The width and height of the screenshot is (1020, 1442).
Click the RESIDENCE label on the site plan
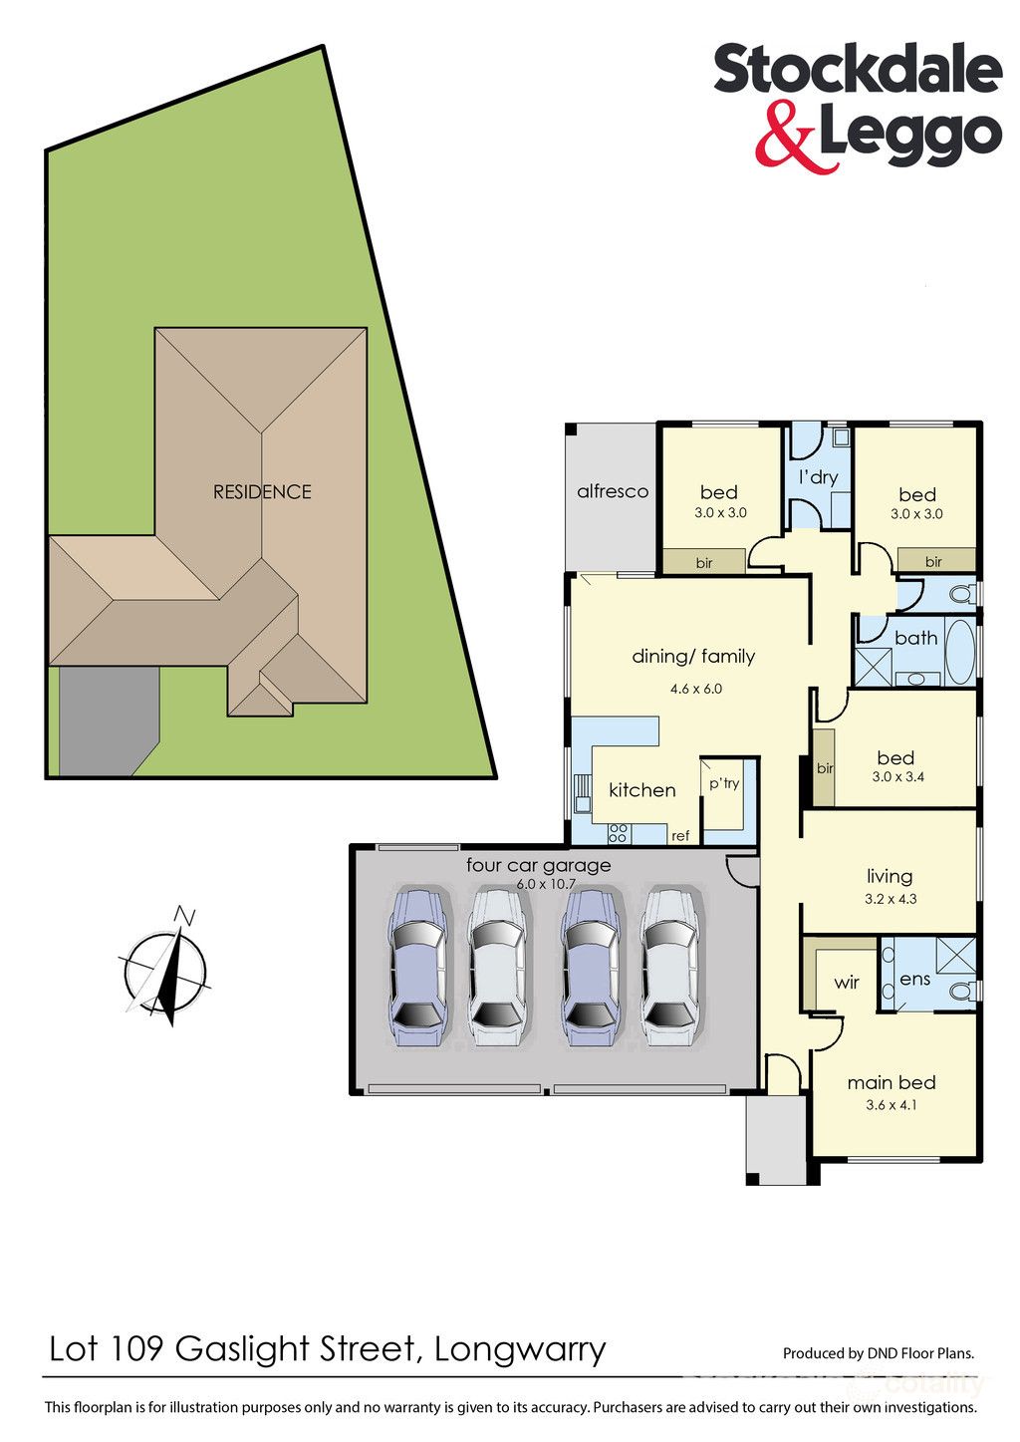click(262, 492)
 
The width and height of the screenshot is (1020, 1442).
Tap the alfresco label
click(613, 492)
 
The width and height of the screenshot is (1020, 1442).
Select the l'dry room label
click(818, 477)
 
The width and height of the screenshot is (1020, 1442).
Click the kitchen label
click(642, 790)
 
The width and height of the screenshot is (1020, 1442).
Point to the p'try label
click(724, 783)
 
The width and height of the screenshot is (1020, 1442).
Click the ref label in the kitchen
click(680, 835)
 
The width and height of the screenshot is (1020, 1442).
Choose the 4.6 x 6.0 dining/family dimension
click(695, 689)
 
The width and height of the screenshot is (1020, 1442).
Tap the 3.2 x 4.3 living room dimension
click(891, 899)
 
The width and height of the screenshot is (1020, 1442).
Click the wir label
click(847, 983)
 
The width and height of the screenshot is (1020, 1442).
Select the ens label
click(915, 980)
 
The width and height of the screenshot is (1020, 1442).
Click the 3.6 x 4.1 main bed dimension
click(892, 1105)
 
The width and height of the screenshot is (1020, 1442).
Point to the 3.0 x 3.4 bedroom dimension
click(898, 777)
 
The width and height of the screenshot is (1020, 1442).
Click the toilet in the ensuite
click(963, 991)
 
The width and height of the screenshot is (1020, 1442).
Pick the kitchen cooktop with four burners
click(618, 833)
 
